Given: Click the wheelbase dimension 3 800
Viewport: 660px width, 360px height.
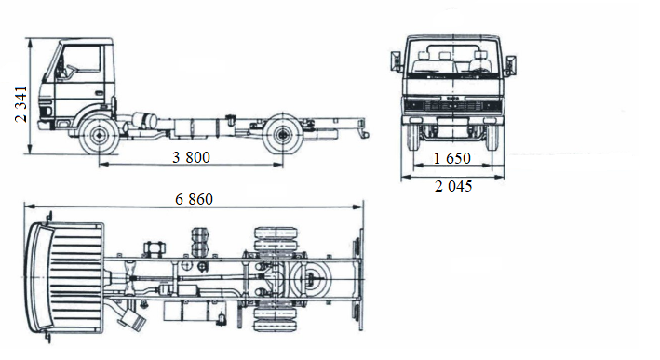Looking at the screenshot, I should (191, 156).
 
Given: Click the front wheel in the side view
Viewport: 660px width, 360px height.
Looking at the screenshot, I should (96, 137).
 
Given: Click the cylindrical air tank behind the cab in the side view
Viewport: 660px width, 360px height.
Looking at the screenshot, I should (144, 121).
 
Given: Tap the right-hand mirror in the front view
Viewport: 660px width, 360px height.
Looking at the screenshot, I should (510, 65).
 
